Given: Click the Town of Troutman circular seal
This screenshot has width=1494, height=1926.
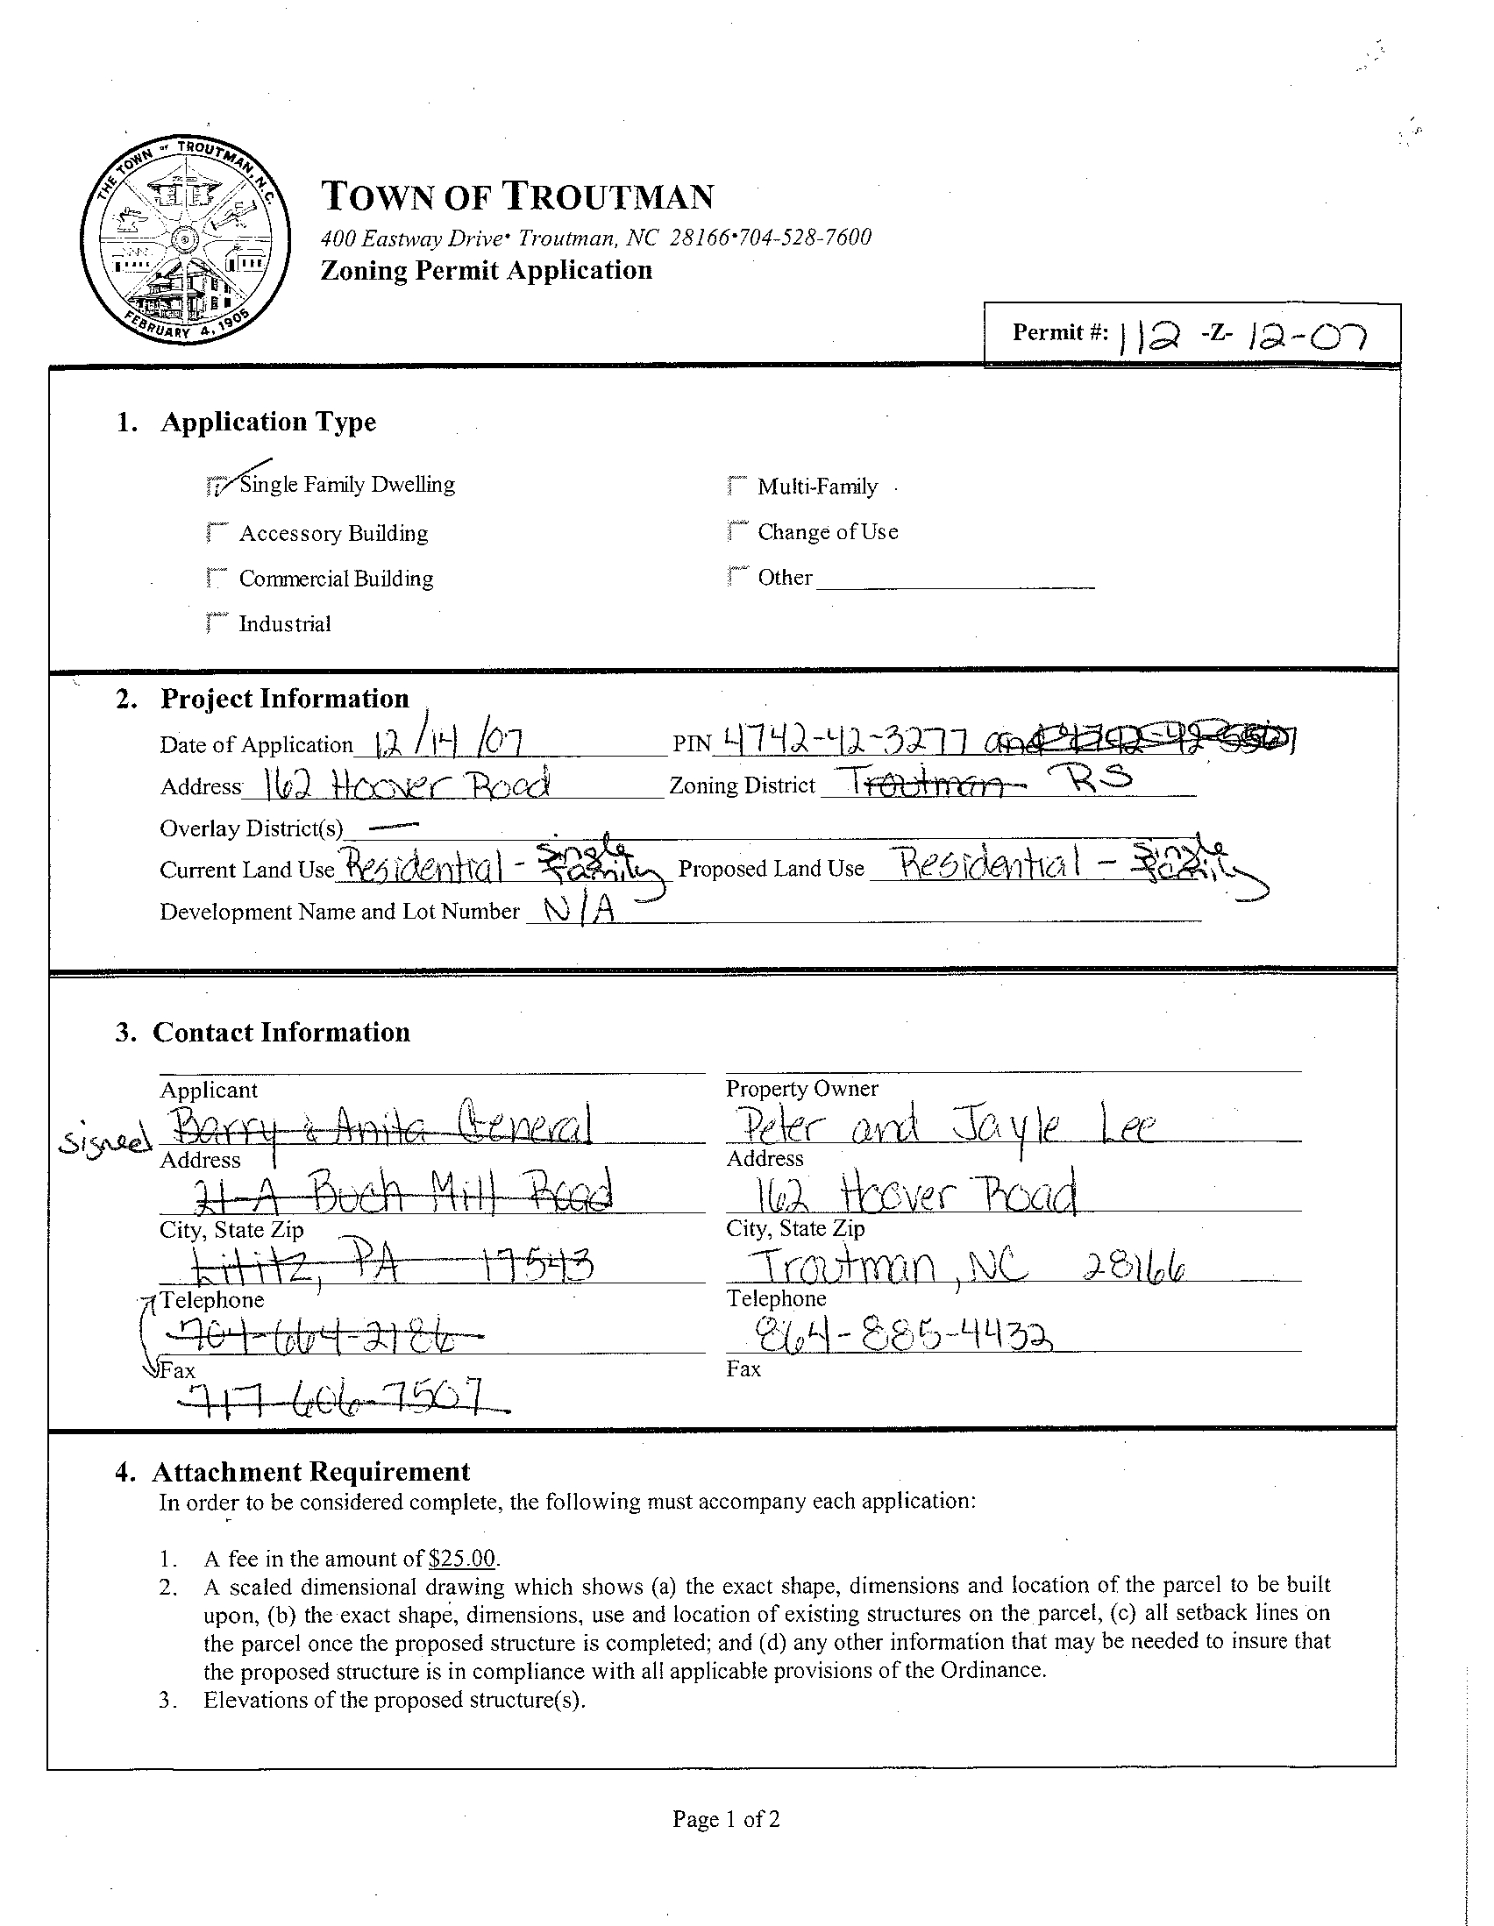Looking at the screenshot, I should coord(184,239).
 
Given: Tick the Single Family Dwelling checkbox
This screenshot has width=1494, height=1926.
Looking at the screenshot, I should coord(214,485).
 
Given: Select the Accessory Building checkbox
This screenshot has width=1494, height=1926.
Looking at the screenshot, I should coord(214,533).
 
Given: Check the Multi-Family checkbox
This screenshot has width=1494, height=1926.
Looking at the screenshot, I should coord(735,486).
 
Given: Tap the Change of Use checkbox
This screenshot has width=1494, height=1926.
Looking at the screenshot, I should coord(735,531).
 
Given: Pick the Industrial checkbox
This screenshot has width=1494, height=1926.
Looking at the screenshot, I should coord(214,622).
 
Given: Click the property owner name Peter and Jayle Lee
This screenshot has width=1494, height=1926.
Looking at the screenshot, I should coord(939,1127).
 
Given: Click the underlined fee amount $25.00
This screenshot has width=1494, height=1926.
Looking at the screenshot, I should coord(462,1560).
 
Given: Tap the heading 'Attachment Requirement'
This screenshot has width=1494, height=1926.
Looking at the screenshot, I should coord(310,1472).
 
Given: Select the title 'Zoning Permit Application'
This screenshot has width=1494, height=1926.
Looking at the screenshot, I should coord(486,270).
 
